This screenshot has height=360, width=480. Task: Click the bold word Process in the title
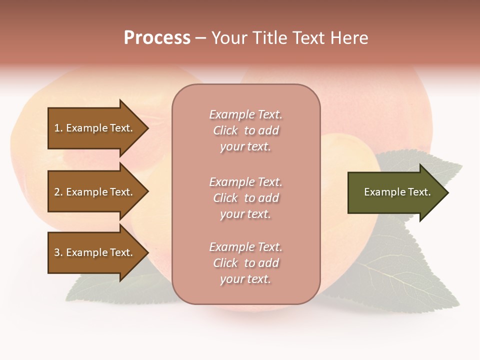(157, 38)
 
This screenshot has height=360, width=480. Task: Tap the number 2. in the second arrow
(58, 192)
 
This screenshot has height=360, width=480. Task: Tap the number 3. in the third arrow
(58, 252)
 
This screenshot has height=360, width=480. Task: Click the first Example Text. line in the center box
(245, 114)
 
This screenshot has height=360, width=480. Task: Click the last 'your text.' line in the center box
(245, 279)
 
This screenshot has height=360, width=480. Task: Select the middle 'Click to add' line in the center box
(245, 198)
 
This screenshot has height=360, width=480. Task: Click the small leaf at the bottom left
(100, 290)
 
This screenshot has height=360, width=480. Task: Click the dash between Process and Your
(200, 38)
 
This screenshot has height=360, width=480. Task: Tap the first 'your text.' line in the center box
(245, 146)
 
